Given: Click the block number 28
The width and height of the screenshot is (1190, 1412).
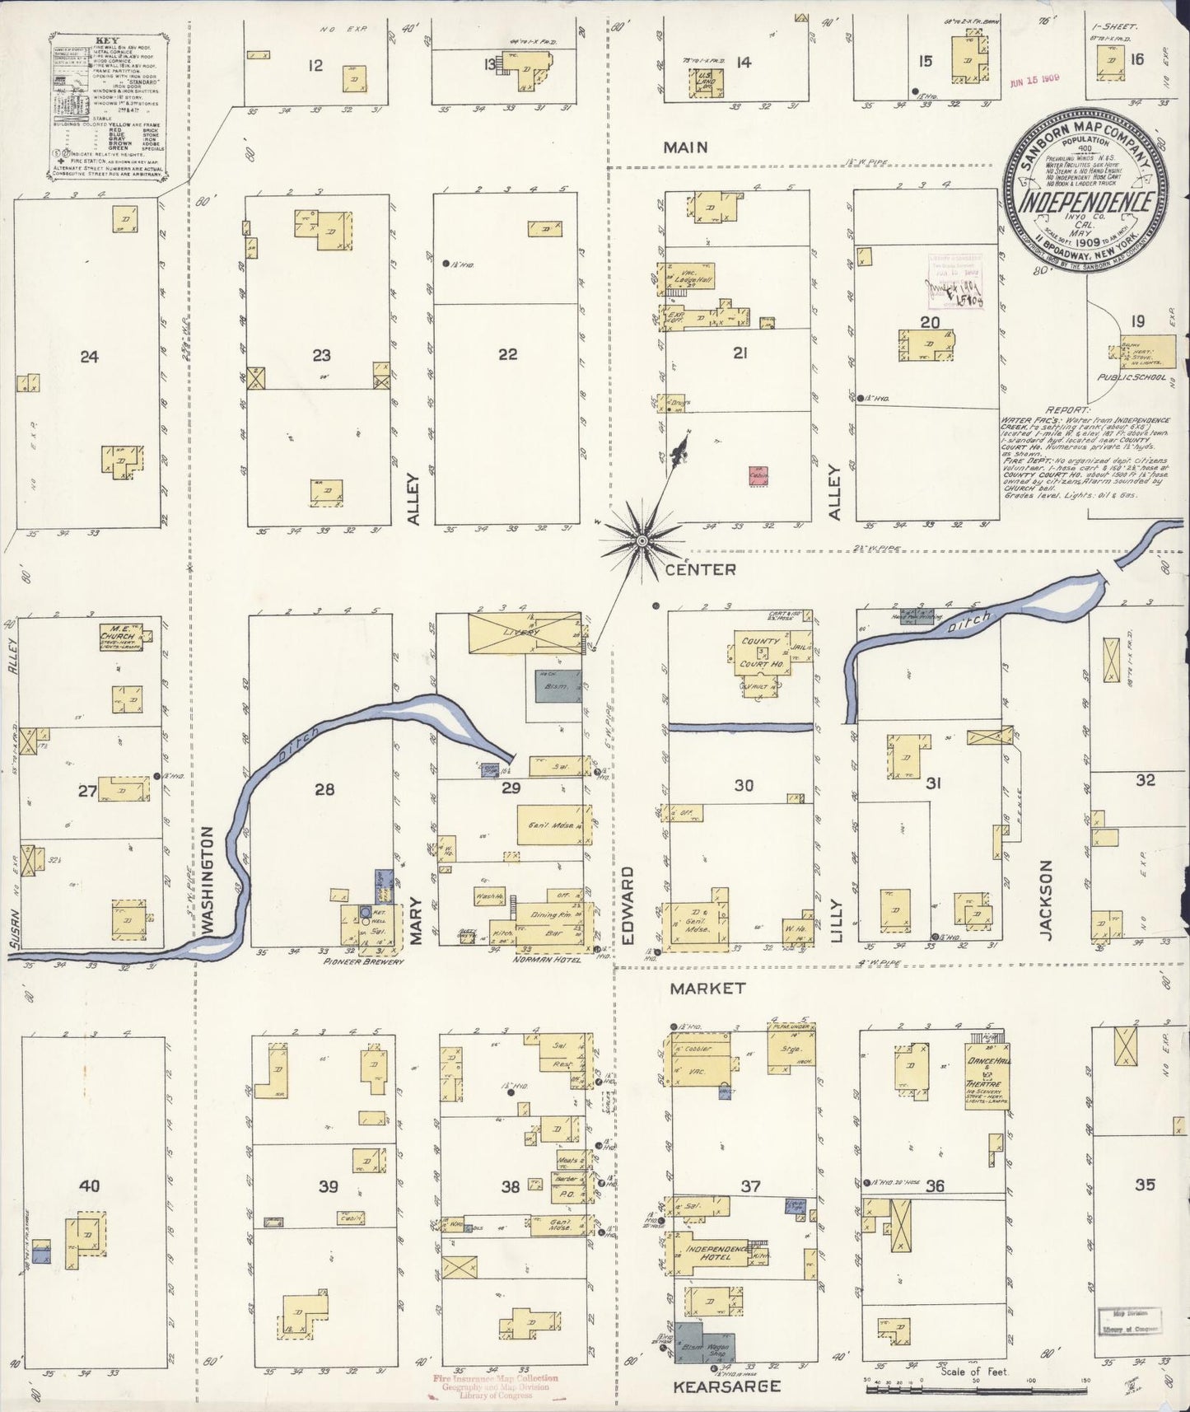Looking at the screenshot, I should pos(324,789).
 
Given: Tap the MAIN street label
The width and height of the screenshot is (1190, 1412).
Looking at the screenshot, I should pos(686,147).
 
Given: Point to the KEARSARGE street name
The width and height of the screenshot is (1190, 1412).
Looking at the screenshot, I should pos(726,1386).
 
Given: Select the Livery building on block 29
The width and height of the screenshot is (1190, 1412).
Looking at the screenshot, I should pos(525,633).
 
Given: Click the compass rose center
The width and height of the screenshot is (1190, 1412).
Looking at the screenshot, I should pos(642,540).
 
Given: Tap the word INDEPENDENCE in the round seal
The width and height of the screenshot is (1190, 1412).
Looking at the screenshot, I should pos(1085,202).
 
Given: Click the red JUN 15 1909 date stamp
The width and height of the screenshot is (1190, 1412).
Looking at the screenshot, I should pos(1034,80).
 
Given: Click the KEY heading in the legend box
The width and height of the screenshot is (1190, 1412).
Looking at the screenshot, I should pos(107,40).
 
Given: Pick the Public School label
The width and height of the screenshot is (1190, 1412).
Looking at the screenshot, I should pos(1132,377).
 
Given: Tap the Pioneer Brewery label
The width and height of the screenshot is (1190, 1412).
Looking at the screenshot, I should pos(364,961).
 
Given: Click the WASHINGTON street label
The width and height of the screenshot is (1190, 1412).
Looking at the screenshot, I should pos(208,881).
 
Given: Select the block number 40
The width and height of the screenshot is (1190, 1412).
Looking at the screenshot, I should pos(89,1185).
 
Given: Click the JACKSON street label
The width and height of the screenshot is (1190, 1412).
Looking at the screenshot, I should pos(1046,900).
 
